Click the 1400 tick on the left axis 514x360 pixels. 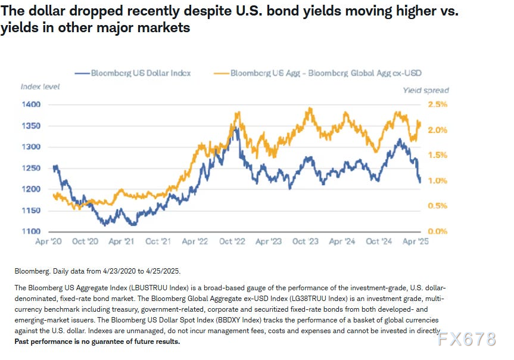(x=30, y=104)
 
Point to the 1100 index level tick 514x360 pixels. (x=30, y=231)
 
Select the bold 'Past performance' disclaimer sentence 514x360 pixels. (x=97, y=342)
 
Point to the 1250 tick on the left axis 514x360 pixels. (x=30, y=168)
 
